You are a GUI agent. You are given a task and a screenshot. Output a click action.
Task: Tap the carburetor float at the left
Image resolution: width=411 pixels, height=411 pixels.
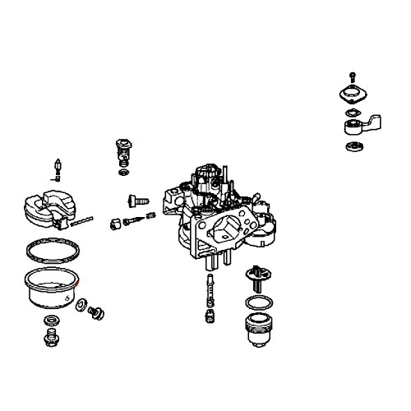coord(49,208)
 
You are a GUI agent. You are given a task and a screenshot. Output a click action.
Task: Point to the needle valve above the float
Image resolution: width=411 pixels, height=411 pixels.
coord(58,166)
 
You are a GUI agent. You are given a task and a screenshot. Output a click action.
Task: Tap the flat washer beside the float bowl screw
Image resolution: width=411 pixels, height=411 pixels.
coord(83,305)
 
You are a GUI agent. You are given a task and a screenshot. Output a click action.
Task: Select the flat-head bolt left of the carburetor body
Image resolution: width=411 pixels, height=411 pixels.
coord(136,199)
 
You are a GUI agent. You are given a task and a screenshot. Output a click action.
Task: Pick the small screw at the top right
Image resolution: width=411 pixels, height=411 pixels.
coord(353,77)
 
